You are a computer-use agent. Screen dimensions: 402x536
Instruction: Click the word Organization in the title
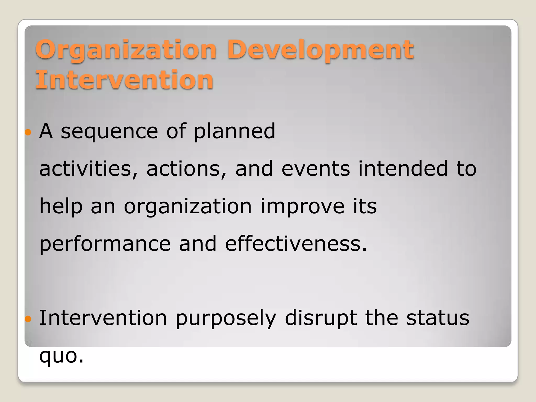(x=126, y=50)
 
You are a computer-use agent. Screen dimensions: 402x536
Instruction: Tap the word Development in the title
(x=320, y=50)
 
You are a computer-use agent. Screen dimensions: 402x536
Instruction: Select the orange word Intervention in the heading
(x=124, y=80)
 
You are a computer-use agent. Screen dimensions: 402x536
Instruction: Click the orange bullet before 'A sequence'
(x=28, y=132)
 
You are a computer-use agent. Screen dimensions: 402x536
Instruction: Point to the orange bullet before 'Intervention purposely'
(x=28, y=319)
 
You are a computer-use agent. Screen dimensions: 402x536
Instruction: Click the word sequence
(x=109, y=132)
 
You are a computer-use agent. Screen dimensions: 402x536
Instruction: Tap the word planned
(x=234, y=132)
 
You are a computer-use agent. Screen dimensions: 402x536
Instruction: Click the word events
(x=315, y=169)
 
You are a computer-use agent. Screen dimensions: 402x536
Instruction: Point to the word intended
(x=403, y=169)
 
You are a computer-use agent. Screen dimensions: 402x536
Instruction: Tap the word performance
(x=105, y=244)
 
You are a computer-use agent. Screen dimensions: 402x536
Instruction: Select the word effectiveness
(x=296, y=244)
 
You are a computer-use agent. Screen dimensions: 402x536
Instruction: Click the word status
(x=438, y=318)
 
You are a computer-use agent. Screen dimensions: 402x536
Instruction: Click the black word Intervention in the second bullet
(x=103, y=318)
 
